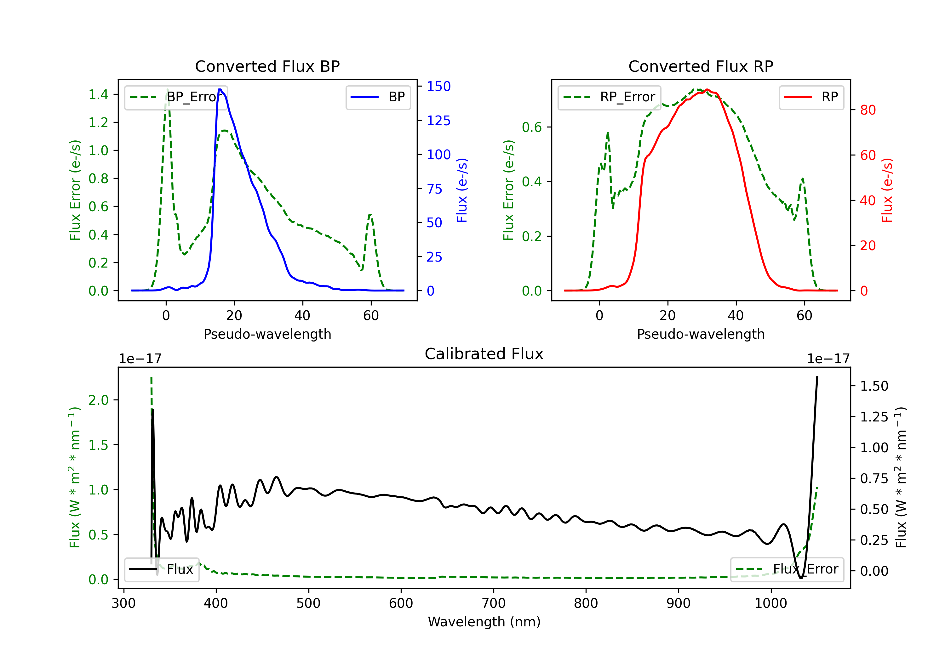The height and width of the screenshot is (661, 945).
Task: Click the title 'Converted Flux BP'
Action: [267, 66]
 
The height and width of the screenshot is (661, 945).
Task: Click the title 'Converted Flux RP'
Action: [701, 66]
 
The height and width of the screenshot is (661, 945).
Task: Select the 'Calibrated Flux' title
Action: [484, 354]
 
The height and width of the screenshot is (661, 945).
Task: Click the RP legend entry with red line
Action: [811, 97]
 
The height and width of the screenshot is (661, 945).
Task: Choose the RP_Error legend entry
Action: [609, 97]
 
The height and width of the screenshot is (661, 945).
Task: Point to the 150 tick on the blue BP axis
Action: [438, 86]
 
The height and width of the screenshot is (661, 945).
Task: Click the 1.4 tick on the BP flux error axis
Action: [98, 95]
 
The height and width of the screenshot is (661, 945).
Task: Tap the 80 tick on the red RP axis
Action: [868, 110]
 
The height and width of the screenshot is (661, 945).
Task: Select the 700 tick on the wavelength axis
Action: [494, 603]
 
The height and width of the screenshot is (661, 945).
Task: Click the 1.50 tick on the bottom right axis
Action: [874, 386]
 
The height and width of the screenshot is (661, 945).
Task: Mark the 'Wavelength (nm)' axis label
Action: [484, 622]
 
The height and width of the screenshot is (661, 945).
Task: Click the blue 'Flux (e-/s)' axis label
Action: [462, 190]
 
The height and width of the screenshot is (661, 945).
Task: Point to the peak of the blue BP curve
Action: [220, 89]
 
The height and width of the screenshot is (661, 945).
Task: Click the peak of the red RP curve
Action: [707, 90]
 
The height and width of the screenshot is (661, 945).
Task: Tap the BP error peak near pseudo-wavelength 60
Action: [370, 215]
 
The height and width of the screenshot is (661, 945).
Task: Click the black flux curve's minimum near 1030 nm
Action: [801, 578]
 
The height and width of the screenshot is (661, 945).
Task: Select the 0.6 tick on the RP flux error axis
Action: [532, 127]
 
